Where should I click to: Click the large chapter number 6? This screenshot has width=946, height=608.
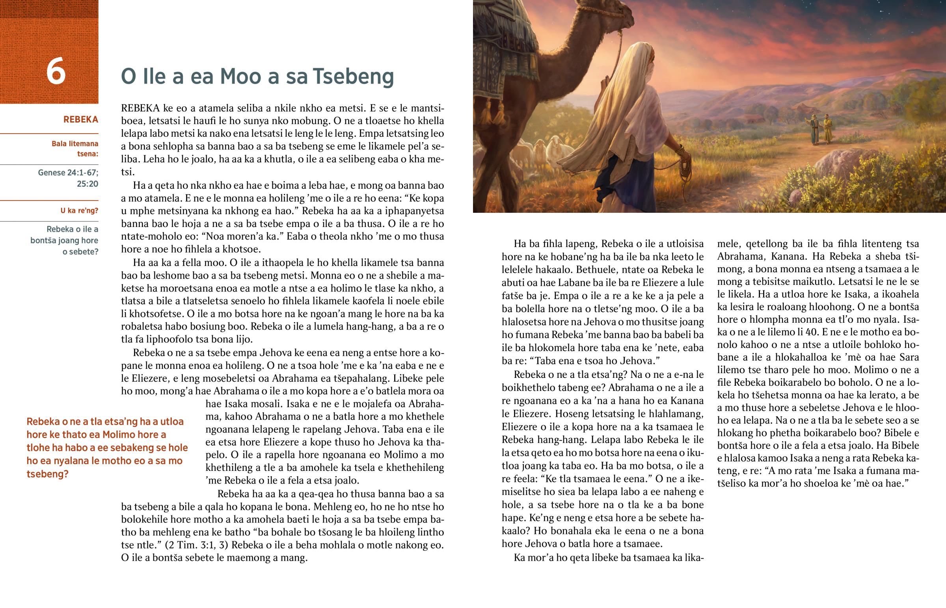56,71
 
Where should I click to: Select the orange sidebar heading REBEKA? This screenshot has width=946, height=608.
80,120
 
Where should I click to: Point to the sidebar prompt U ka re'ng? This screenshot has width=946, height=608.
79,211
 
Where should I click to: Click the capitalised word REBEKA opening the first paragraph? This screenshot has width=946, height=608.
140,108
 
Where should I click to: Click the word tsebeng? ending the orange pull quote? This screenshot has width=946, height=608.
47,474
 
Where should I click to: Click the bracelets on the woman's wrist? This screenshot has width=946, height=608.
680,150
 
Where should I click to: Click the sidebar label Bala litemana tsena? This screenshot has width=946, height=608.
75,149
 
